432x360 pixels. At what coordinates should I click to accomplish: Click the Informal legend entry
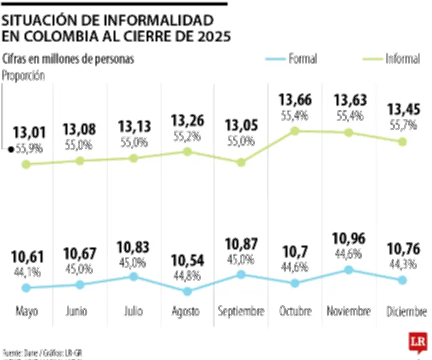(402, 59)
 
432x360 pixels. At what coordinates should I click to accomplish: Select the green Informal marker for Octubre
(295, 131)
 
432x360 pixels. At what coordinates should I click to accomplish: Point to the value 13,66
(295, 101)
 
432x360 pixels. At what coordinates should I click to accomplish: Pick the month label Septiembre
(241, 311)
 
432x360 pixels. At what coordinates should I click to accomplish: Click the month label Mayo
(25, 311)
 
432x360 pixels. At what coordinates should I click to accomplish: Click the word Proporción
(23, 76)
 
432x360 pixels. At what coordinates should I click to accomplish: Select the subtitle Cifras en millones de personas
(68, 59)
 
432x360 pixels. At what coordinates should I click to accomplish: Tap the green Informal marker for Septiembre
(241, 162)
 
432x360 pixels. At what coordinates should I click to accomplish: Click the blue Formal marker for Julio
(133, 276)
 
